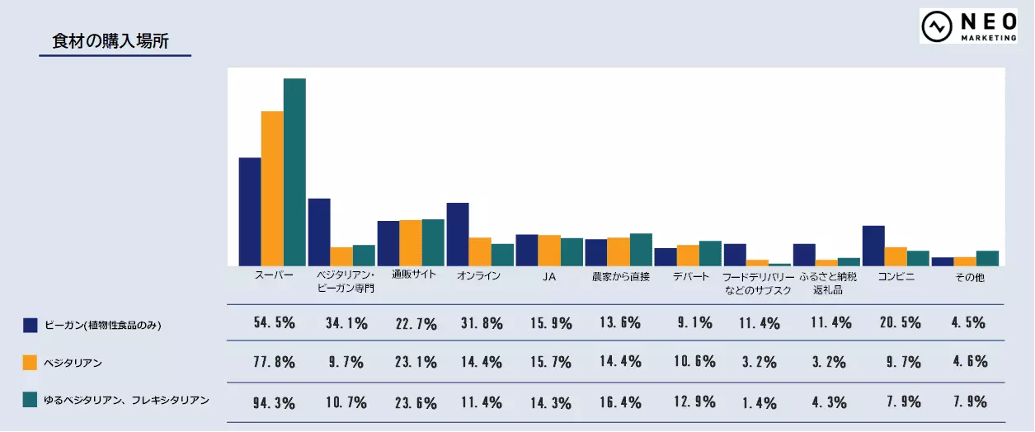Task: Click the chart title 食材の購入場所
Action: pos(111,41)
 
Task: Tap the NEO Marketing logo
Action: pos(968,26)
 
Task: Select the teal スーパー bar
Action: pos(294,171)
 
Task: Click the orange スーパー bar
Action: pos(272,188)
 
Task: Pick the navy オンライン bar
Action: pos(458,234)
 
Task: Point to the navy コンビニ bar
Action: pos(873,245)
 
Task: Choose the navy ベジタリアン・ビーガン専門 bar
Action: pos(319,232)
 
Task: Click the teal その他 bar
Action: pos(987,257)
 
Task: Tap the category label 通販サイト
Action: pos(413,276)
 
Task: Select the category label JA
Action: pos(549,277)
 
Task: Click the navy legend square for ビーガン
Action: pos(31,325)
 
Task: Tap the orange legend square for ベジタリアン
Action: pos(31,362)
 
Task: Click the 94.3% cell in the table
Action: pos(274,403)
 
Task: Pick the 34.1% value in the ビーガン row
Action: pos(345,323)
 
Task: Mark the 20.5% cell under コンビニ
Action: pos(898,323)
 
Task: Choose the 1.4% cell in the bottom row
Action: pos(759,403)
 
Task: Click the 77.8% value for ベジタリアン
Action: pos(274,362)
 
